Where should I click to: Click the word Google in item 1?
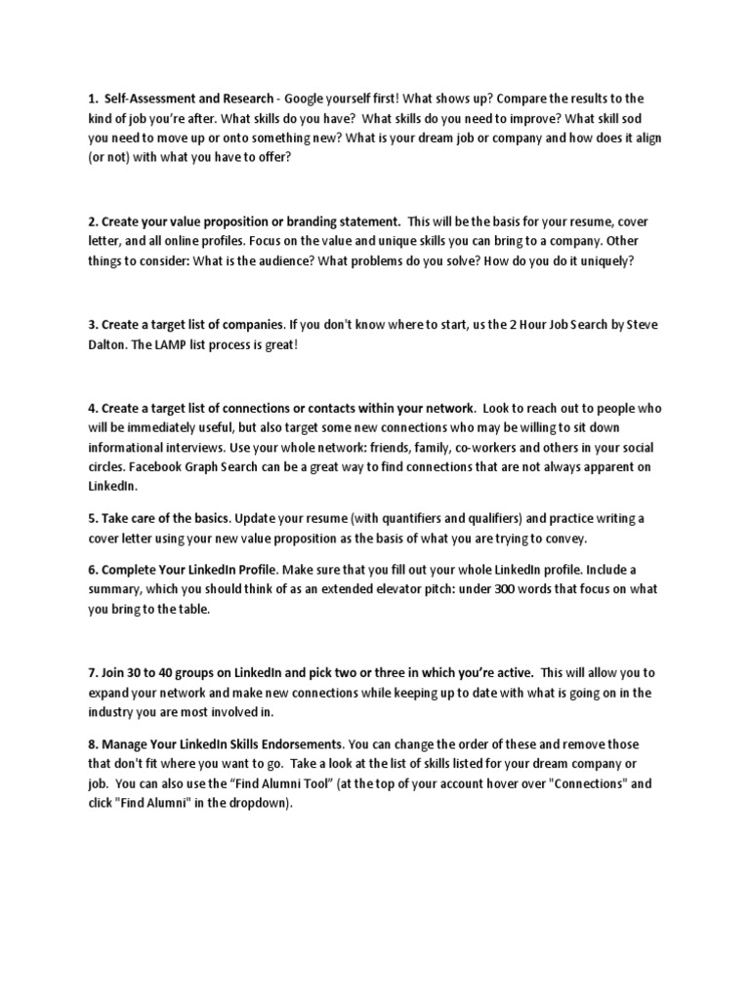point(307,100)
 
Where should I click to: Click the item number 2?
point(92,222)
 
